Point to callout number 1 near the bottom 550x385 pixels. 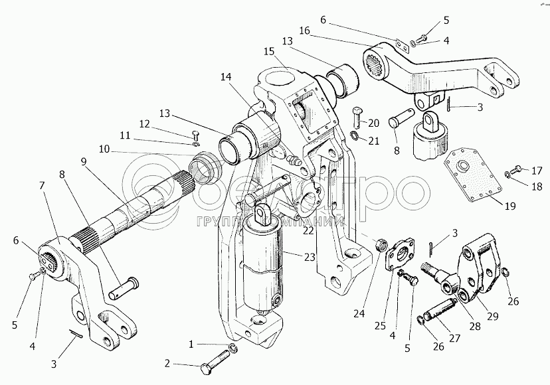(x=192, y=345)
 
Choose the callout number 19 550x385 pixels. (x=509, y=206)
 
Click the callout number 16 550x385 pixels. (x=304, y=30)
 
